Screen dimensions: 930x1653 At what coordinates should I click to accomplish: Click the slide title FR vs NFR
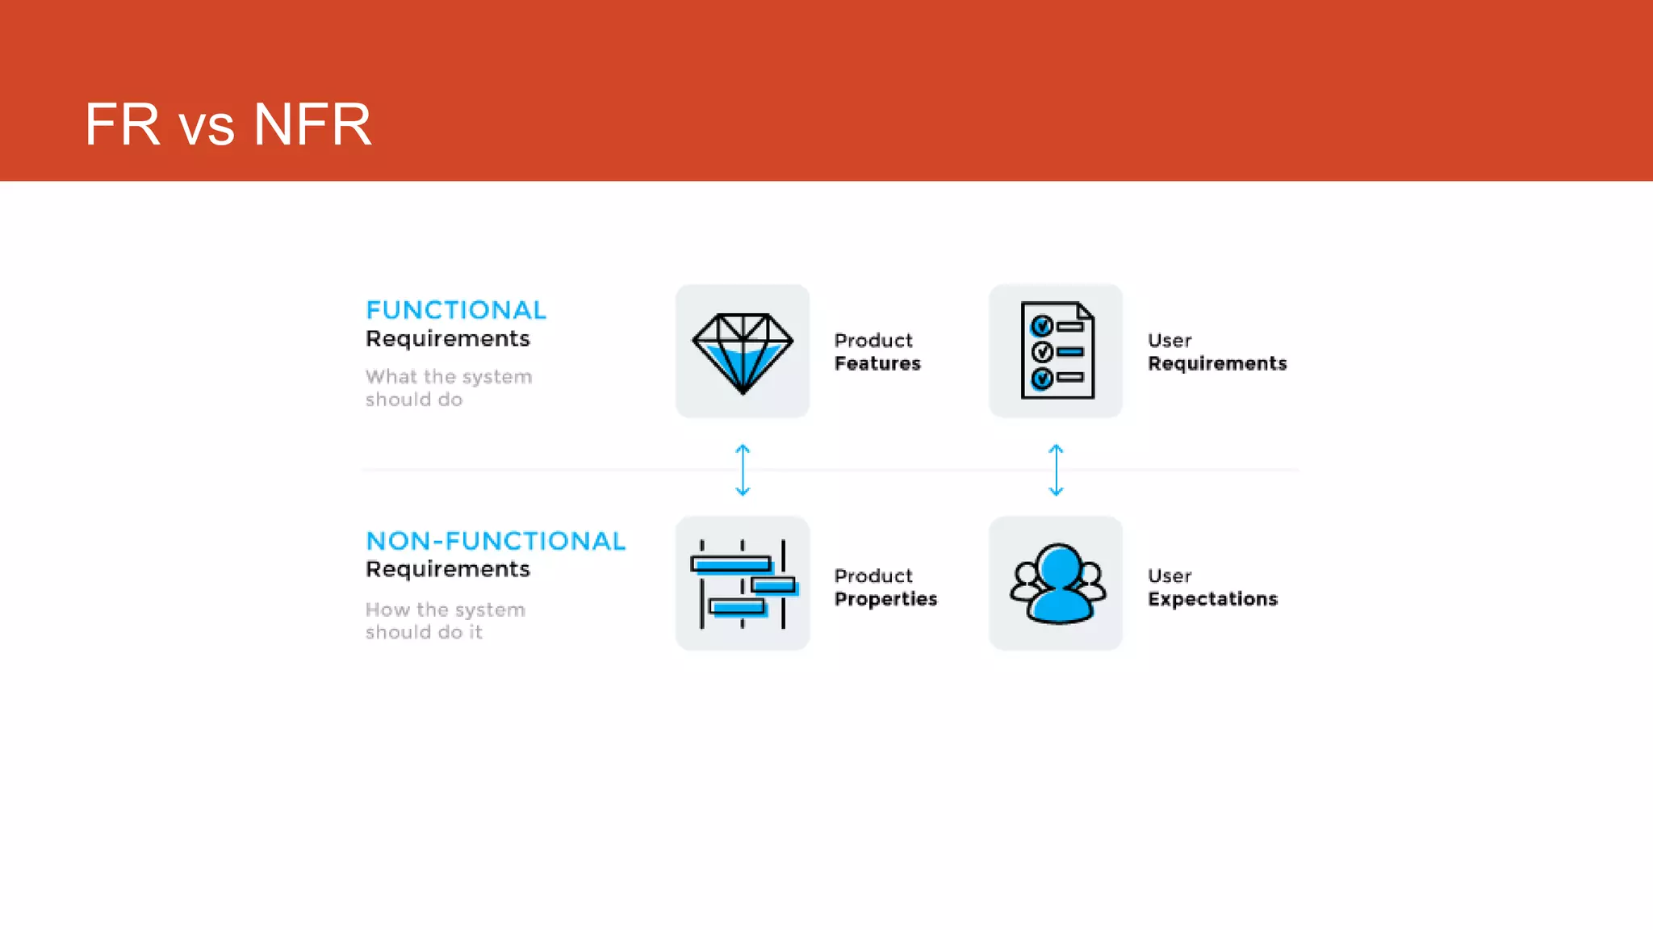click(x=228, y=125)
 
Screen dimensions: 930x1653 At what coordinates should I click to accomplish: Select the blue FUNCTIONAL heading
click(x=456, y=310)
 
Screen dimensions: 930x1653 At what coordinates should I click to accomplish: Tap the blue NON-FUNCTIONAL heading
click(x=496, y=541)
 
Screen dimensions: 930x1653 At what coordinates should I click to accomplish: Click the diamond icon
click(x=743, y=352)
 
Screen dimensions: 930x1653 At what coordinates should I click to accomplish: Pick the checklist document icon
click(x=1057, y=350)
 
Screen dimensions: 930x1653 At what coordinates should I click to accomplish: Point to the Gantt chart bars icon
click(x=743, y=584)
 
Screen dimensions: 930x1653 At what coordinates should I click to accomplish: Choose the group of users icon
click(x=1057, y=584)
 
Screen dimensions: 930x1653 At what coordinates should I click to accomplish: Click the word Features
click(x=877, y=364)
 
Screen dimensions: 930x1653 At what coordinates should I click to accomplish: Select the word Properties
click(x=885, y=599)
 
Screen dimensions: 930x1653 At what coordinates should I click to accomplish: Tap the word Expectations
click(x=1212, y=599)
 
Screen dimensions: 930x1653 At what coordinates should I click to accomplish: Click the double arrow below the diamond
click(x=743, y=469)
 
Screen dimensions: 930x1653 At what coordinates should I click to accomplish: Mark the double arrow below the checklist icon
click(x=1056, y=469)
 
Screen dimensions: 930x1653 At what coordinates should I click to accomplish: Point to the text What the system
click(x=449, y=377)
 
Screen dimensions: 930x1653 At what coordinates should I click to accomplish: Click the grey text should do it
click(x=424, y=632)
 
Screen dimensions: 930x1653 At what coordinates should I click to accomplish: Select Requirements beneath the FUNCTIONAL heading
click(x=448, y=339)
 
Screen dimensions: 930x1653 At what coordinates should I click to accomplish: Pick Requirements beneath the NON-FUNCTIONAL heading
click(x=448, y=569)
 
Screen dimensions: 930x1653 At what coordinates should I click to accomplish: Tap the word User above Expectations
click(x=1170, y=576)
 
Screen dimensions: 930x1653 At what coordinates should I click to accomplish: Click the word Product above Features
click(x=873, y=341)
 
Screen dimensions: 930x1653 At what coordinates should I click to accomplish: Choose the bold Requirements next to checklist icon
click(x=1217, y=364)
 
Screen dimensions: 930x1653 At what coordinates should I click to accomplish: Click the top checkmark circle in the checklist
click(x=1042, y=326)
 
